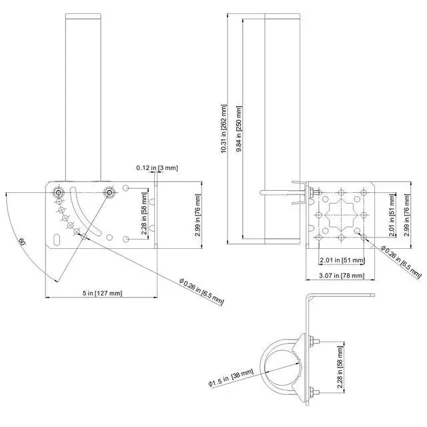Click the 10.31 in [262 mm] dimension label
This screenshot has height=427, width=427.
coord(224,129)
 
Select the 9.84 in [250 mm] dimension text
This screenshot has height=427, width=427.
coord(239,129)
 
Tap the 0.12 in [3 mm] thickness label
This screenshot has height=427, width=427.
coord(157,167)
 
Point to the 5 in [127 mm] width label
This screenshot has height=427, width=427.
coord(102,293)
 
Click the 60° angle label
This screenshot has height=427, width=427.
coord(22,242)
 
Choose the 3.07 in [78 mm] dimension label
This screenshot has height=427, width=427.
coord(342,276)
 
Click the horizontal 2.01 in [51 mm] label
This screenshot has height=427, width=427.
coord(342,260)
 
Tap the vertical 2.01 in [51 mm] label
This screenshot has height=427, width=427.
coord(392,215)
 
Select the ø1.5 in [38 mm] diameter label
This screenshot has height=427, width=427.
coord(231,378)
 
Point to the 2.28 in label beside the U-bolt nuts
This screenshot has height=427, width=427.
coord(340,367)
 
